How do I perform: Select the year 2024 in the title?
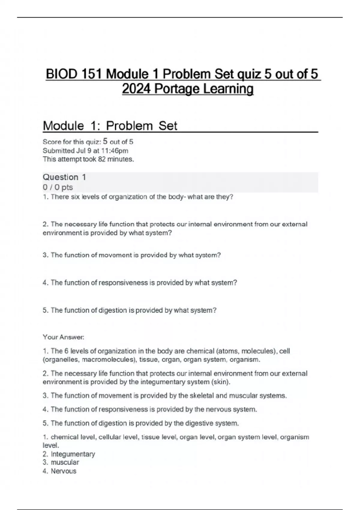pyautogui.click(x=136, y=89)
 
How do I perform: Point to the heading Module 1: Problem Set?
pyautogui.click(x=110, y=126)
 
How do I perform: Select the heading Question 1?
pyautogui.click(x=64, y=177)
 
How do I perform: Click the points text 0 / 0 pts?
pyautogui.click(x=58, y=187)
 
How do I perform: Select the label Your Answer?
pyautogui.click(x=63, y=337)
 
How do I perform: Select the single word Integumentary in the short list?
pyautogui.click(x=73, y=454)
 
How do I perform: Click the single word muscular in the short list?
pyautogui.click(x=65, y=463)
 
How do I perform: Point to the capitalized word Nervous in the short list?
pyautogui.click(x=64, y=471)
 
